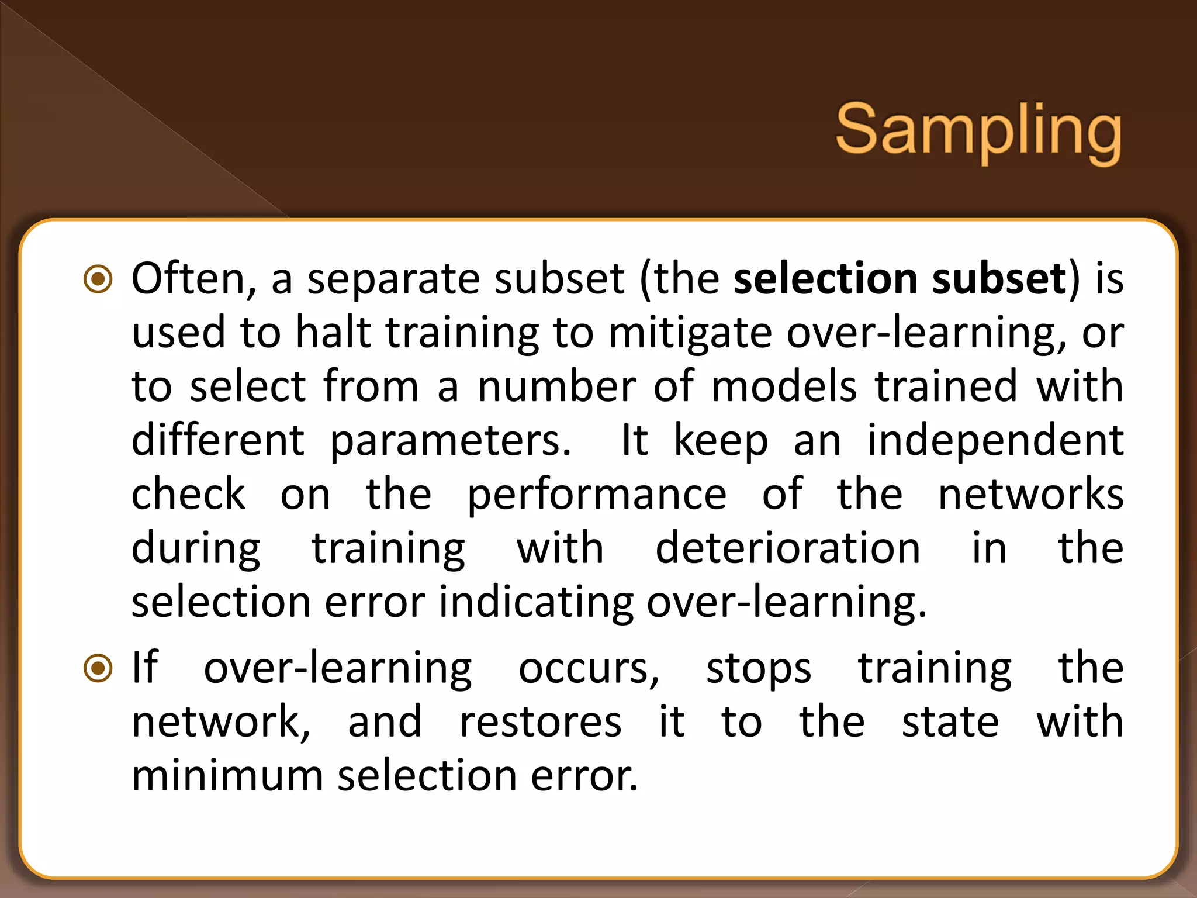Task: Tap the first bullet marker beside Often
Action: pos(98,279)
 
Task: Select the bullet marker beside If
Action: pos(98,668)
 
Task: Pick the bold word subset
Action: pos(999,278)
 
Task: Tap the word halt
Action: pos(333,332)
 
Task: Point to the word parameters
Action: pos(450,441)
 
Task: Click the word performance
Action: pos(597,495)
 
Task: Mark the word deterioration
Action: pos(788,548)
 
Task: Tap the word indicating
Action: pos(536,603)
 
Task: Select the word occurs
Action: pos(589,668)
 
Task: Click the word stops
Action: pos(759,668)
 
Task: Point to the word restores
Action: pos(540,721)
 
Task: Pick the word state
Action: pos(950,721)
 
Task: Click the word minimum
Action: pos(227,775)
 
